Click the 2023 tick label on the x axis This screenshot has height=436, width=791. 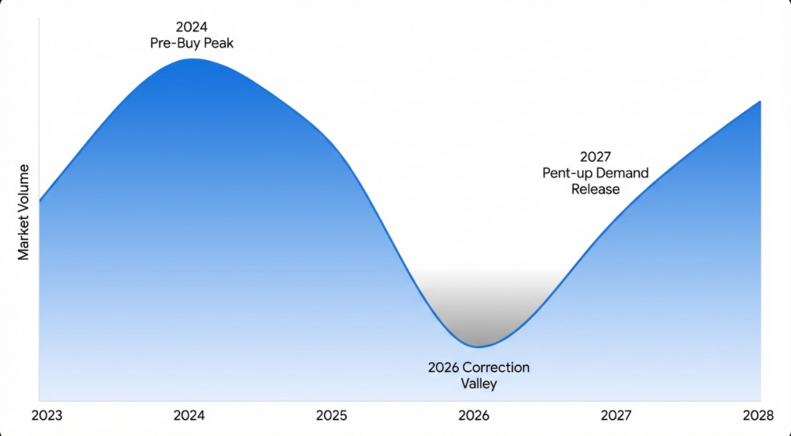(47, 415)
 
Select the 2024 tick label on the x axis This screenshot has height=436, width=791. (189, 415)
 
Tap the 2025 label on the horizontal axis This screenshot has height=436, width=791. (331, 415)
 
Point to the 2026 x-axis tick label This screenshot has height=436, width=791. (474, 415)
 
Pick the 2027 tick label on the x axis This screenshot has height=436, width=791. (616, 415)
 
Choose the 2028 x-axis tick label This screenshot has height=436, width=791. (758, 415)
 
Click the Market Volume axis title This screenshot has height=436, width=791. (24, 211)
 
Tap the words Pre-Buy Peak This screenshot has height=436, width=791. (192, 43)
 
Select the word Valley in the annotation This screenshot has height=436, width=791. (479, 383)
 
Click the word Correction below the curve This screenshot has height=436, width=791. (497, 367)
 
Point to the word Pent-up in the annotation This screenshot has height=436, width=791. (568, 172)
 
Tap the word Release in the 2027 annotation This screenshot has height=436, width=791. (596, 188)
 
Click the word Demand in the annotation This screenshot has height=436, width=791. (623, 172)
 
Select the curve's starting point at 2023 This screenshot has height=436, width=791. (39, 201)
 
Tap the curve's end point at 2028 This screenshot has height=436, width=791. (761, 101)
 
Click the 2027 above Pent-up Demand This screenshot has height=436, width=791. (596, 157)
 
